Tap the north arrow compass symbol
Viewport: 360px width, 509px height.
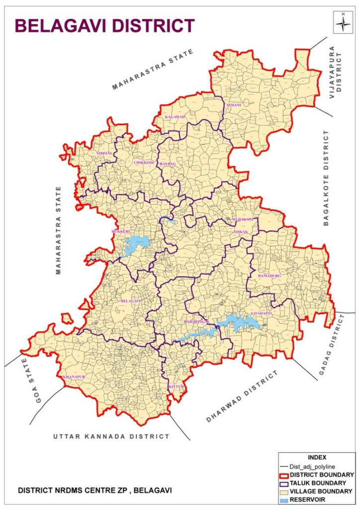click(343, 23)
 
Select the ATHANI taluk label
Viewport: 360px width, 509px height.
click(233, 105)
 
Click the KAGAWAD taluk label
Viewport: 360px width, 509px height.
click(175, 117)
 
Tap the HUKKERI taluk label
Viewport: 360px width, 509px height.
click(121, 232)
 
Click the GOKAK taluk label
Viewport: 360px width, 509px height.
click(241, 232)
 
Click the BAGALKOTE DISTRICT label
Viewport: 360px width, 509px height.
click(327, 178)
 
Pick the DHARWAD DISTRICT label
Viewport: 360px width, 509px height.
click(241, 397)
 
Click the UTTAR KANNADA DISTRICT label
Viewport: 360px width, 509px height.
click(111, 436)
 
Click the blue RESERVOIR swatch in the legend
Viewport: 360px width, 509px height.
click(287, 499)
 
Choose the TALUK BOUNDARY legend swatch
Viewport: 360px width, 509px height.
click(287, 482)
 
